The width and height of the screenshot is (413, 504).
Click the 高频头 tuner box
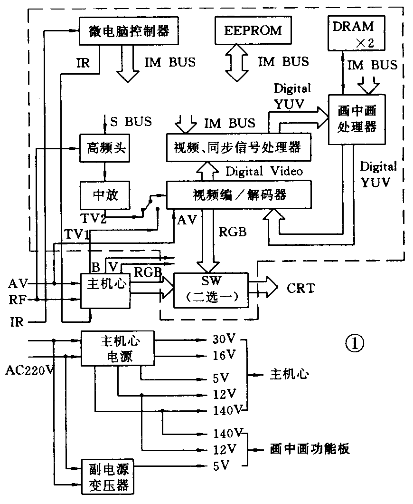104,147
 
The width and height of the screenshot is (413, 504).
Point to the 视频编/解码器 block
239,194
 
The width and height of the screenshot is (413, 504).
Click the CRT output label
300,288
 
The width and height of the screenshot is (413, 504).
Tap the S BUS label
131,121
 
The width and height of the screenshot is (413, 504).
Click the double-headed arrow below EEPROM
236,62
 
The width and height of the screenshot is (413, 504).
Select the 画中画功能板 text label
309,449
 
